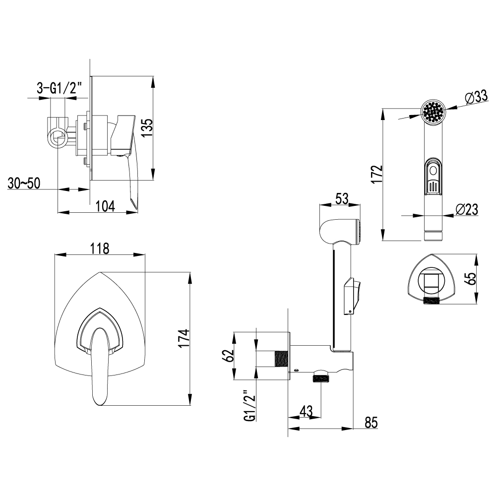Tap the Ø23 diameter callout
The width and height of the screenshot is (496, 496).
click(x=467, y=209)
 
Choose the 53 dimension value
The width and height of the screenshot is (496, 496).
click(x=342, y=198)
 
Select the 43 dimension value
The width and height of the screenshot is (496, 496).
click(x=306, y=412)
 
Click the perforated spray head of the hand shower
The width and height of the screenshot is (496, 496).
click(x=434, y=112)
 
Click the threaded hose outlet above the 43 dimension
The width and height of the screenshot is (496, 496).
click(x=321, y=377)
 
